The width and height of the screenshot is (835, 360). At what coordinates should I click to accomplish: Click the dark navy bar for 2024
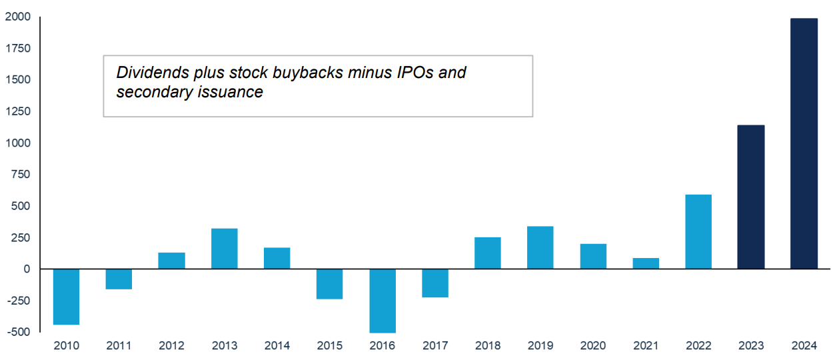coord(804,143)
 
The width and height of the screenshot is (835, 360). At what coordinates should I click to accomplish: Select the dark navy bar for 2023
coord(751,197)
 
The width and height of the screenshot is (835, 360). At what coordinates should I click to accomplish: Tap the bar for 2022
coord(698,231)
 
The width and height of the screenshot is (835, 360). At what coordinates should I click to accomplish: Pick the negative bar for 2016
coord(383,301)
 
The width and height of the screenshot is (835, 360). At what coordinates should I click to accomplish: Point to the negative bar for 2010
coord(66,297)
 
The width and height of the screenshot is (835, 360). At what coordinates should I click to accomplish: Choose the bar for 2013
coord(225,249)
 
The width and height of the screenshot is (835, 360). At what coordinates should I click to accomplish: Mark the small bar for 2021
coord(646,263)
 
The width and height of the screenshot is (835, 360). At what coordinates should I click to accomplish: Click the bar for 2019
coord(540,247)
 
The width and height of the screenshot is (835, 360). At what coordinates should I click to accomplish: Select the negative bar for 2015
coord(330,284)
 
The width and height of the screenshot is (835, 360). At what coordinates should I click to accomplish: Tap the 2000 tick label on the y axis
coord(18,17)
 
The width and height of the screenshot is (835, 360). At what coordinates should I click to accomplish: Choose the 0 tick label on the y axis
coord(26,269)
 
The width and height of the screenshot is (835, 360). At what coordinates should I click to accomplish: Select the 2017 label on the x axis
coord(435,345)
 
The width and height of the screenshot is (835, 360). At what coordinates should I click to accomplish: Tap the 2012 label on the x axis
coord(172,345)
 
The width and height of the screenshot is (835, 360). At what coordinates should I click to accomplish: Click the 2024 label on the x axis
coord(804,345)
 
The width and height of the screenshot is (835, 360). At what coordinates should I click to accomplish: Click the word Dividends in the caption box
coord(149,73)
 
